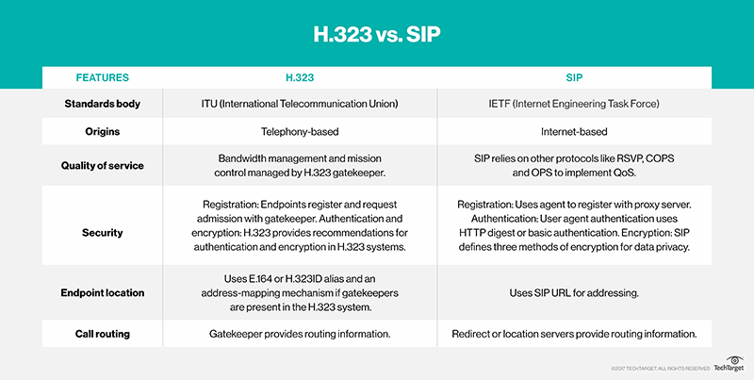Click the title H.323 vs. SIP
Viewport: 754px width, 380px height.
pyautogui.click(x=377, y=37)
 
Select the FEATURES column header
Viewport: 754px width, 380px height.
pyautogui.click(x=102, y=77)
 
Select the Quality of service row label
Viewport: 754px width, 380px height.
pyautogui.click(x=102, y=166)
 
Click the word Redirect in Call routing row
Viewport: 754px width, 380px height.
pyautogui.click(x=478, y=333)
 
